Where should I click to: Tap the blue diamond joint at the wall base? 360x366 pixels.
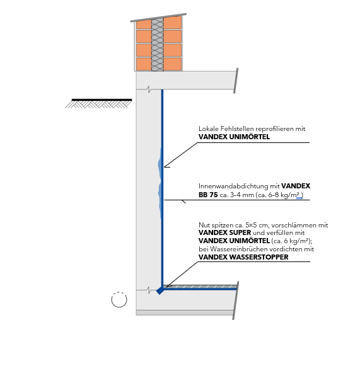160,290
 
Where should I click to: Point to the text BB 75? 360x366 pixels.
208,195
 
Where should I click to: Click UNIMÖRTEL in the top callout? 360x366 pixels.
249,137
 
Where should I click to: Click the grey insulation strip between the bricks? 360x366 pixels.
158,44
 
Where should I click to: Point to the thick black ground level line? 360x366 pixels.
102,100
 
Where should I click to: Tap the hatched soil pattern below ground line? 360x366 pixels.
98,105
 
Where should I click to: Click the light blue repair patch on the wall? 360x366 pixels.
160,182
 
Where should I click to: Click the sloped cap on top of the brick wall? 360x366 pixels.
158,18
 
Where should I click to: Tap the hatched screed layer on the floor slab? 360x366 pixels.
200,287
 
